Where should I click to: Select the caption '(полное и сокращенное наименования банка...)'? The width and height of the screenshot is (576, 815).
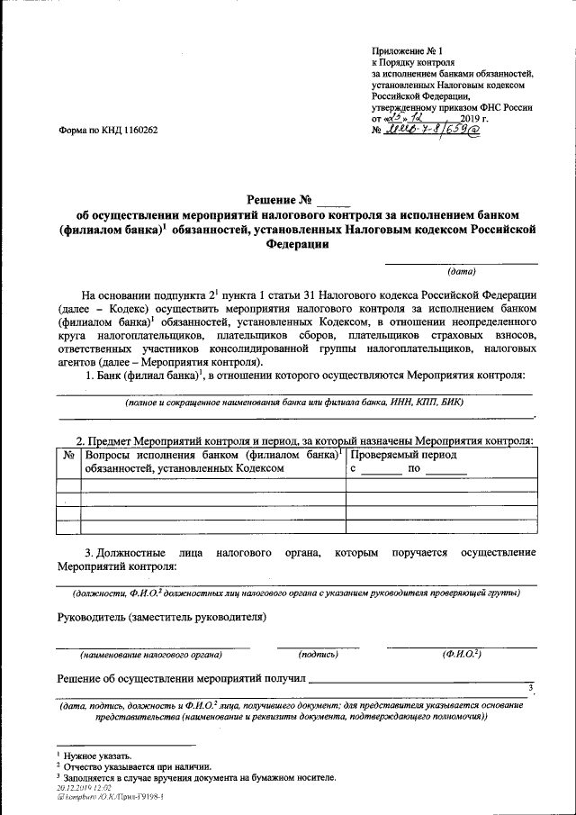pyautogui.click(x=294, y=403)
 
